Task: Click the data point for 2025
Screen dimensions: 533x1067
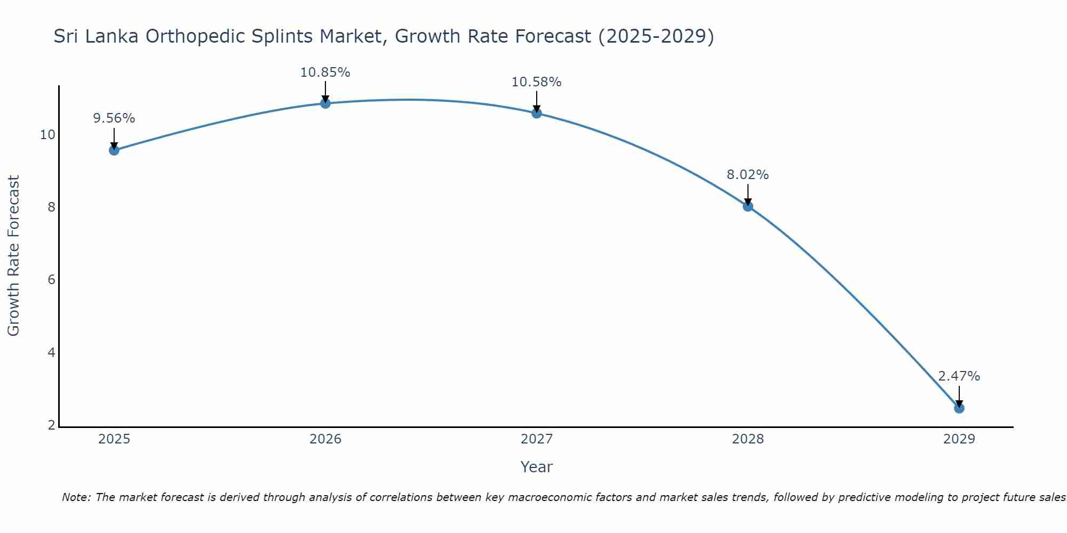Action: (114, 150)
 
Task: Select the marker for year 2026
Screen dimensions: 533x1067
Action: (325, 103)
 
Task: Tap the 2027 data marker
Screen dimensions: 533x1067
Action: (537, 113)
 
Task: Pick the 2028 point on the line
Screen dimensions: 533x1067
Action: (748, 206)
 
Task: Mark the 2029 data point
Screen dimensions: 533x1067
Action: (959, 408)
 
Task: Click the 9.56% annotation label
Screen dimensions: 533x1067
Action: (114, 118)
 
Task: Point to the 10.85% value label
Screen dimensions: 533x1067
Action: (325, 72)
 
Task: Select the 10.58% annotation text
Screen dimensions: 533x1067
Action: (537, 82)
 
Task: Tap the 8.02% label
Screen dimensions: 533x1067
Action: (748, 175)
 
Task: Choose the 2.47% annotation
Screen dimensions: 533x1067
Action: (959, 376)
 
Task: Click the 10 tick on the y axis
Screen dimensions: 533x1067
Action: (47, 135)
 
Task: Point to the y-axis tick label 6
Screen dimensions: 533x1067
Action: (52, 280)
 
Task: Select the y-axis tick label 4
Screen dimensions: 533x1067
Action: (52, 353)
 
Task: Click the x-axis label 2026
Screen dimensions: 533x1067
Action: (325, 439)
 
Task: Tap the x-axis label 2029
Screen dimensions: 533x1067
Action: (959, 439)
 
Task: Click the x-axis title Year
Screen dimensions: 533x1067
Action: (537, 467)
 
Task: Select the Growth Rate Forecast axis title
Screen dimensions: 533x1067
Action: (14, 256)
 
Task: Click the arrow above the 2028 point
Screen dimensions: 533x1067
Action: (748, 194)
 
